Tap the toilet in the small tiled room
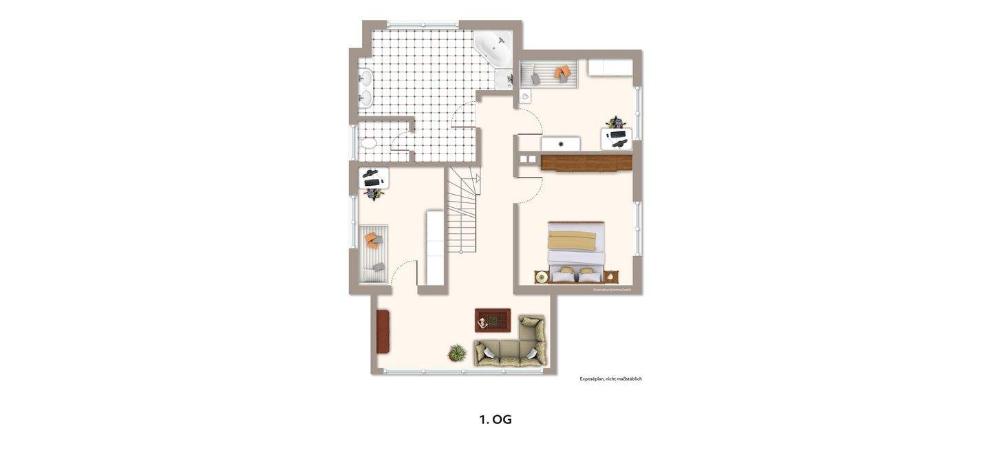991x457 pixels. [x=368, y=143]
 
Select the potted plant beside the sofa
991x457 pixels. [x=457, y=354]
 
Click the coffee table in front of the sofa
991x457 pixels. [x=493, y=320]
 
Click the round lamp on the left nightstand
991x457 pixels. [x=542, y=277]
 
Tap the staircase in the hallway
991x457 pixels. [x=462, y=210]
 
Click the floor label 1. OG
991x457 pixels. [x=495, y=419]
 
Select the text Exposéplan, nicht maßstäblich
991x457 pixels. [x=610, y=379]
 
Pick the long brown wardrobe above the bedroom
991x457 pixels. [x=586, y=162]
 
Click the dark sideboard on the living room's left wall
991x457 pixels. [x=383, y=332]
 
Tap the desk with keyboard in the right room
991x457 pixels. [x=616, y=138]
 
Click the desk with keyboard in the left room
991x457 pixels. [x=374, y=178]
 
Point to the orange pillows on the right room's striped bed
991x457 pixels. [x=562, y=71]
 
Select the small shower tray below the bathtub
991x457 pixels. [x=504, y=80]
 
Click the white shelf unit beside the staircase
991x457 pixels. [x=435, y=247]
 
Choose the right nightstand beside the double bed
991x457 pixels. [x=611, y=277]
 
